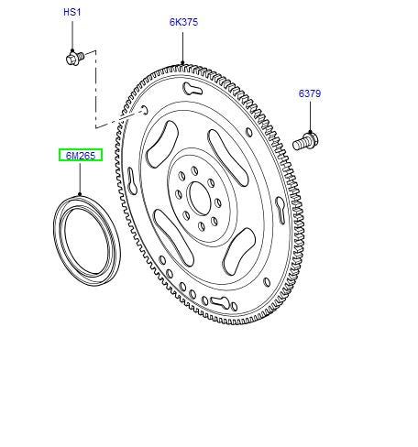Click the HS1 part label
(72, 13)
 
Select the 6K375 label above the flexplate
(183, 22)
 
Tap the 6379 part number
(310, 93)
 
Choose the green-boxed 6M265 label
(81, 156)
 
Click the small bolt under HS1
(74, 58)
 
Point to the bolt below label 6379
(305, 141)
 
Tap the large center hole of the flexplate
(200, 198)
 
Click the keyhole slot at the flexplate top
(192, 89)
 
